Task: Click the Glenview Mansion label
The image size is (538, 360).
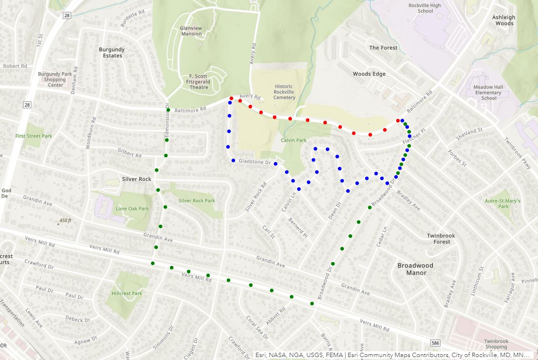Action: tap(191, 31)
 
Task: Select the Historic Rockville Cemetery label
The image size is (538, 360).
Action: tap(284, 92)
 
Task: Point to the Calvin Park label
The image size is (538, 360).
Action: tap(293, 140)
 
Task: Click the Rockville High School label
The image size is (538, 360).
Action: tap(425, 8)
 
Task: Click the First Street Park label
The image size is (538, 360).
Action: tap(33, 136)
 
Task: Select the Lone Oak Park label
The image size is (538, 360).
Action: tap(132, 209)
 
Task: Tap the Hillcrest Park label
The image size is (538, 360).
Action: tap(127, 293)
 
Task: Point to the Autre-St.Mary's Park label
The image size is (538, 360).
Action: tap(503, 203)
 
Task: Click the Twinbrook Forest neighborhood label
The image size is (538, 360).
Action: tap(441, 239)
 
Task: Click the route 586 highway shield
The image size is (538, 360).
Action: tap(435, 344)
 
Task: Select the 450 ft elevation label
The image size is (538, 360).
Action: tap(65, 221)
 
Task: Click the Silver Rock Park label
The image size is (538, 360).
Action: tap(196, 200)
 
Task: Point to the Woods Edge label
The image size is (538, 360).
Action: tap(369, 74)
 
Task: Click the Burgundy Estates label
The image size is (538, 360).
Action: tap(112, 52)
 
